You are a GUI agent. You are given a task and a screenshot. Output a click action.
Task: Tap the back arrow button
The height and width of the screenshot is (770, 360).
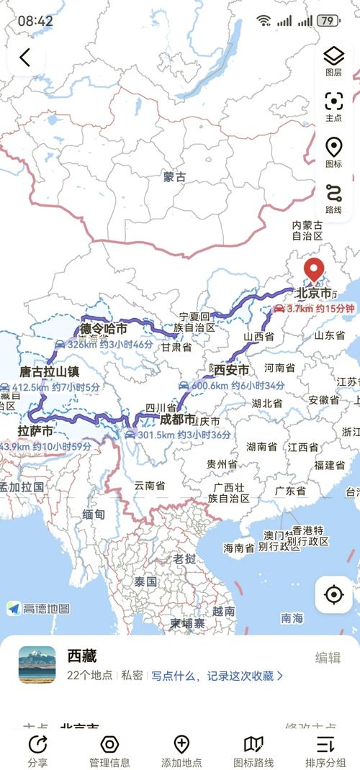[x=25, y=58]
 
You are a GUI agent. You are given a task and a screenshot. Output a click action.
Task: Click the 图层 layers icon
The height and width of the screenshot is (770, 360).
[x=333, y=56]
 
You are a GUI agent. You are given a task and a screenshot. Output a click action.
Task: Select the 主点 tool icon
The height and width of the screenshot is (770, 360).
[x=333, y=101]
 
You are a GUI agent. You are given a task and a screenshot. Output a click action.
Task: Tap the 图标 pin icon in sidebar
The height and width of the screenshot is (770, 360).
[x=333, y=148]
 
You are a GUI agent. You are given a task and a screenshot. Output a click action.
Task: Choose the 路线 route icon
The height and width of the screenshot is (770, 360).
[x=333, y=194]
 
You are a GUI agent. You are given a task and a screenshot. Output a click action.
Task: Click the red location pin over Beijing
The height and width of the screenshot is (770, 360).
[x=314, y=271]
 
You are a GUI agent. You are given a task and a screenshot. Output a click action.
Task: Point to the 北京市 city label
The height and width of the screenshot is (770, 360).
[x=315, y=294]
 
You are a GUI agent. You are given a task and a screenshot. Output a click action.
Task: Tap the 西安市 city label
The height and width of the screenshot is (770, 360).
[x=232, y=370]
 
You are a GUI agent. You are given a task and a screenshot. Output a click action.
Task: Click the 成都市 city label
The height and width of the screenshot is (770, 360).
[x=177, y=419]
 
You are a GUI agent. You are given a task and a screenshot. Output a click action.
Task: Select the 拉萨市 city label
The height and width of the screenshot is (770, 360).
[x=35, y=431]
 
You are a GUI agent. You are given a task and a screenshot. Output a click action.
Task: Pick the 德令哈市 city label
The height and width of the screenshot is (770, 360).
[x=104, y=330]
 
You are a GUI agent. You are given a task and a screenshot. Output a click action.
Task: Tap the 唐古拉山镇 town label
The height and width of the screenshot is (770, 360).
[x=49, y=372]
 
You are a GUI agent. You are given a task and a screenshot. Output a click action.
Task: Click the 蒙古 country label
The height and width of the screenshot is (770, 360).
[x=174, y=176]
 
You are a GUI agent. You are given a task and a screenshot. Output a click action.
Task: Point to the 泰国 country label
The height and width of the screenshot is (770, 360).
[x=145, y=581]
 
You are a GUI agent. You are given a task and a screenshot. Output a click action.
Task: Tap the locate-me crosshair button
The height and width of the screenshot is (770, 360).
[x=333, y=594]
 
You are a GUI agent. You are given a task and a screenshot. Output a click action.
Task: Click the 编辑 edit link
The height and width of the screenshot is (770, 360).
[x=328, y=658]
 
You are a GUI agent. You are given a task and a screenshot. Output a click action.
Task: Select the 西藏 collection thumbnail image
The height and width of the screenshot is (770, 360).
[x=37, y=664]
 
